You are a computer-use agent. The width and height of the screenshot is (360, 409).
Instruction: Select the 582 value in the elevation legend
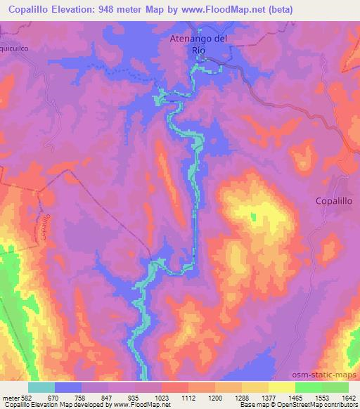[22, 397]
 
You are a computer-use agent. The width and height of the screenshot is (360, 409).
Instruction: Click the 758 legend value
[81, 397]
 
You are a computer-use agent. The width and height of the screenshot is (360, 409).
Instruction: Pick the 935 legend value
[134, 397]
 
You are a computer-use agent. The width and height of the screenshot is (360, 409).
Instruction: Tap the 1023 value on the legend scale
[161, 397]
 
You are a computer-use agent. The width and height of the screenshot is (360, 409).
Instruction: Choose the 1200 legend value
[214, 397]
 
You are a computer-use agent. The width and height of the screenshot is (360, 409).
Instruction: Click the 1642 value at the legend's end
[348, 397]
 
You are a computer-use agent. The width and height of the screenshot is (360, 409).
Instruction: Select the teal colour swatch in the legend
[41, 387]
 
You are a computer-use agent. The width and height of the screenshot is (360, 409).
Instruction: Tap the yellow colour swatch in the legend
[281, 387]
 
